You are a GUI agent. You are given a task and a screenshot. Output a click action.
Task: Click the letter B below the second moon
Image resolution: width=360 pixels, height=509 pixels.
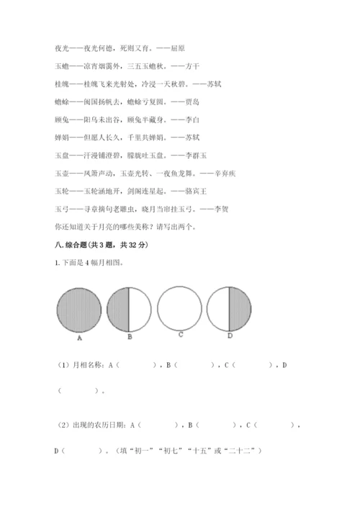(129, 335)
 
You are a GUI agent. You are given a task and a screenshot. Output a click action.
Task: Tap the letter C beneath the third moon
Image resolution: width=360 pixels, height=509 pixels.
(179, 334)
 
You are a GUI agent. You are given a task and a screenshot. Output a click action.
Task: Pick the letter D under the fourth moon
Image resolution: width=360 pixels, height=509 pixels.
(229, 335)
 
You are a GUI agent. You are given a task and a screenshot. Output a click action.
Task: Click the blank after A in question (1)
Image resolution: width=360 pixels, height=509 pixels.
(138, 366)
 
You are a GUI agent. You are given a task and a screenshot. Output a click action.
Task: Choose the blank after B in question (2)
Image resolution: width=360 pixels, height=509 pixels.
(211, 426)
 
